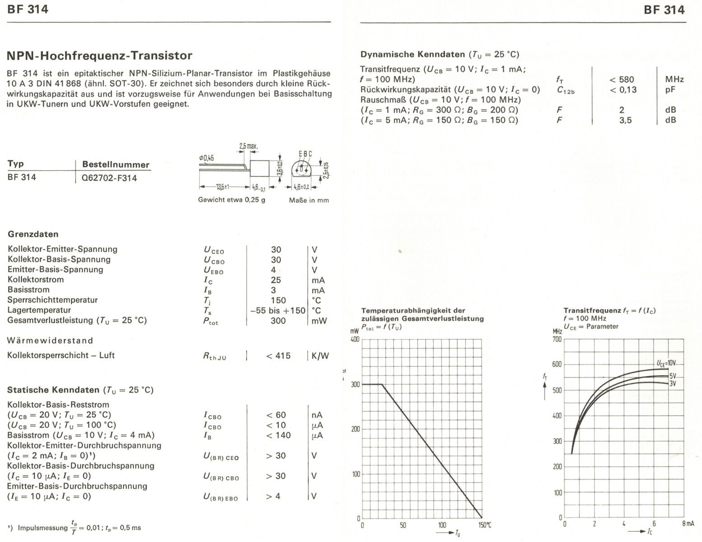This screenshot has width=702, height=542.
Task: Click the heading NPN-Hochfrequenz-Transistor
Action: tap(100, 56)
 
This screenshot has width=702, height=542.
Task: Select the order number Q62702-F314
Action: tap(109, 178)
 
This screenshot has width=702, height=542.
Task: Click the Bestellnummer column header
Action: tap(115, 164)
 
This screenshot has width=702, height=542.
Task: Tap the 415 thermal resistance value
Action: tap(278, 356)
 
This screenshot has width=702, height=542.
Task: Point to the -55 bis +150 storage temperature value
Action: tap(278, 310)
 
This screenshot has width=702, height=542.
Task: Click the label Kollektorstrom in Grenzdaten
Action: tap(36, 280)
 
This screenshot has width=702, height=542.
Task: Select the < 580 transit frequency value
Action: tap(622, 79)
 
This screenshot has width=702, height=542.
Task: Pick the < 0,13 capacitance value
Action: tap(623, 90)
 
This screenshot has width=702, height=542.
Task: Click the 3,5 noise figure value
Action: tap(625, 120)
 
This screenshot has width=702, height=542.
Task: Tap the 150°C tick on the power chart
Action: tap(485, 525)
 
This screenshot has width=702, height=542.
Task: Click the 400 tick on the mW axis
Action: tap(355, 339)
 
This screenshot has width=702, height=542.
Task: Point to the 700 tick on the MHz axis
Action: tap(557, 339)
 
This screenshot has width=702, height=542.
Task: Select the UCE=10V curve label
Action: tap(666, 363)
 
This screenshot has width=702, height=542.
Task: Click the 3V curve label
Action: tap(673, 383)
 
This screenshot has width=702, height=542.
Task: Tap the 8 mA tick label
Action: tap(688, 523)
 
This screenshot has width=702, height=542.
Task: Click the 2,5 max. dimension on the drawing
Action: tap(248, 146)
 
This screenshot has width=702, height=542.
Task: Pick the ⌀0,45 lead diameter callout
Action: tap(206, 158)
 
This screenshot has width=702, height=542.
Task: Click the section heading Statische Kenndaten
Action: tap(53, 390)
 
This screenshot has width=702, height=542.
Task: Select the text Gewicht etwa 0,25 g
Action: tap(231, 200)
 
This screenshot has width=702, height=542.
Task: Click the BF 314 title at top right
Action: tap(664, 9)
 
